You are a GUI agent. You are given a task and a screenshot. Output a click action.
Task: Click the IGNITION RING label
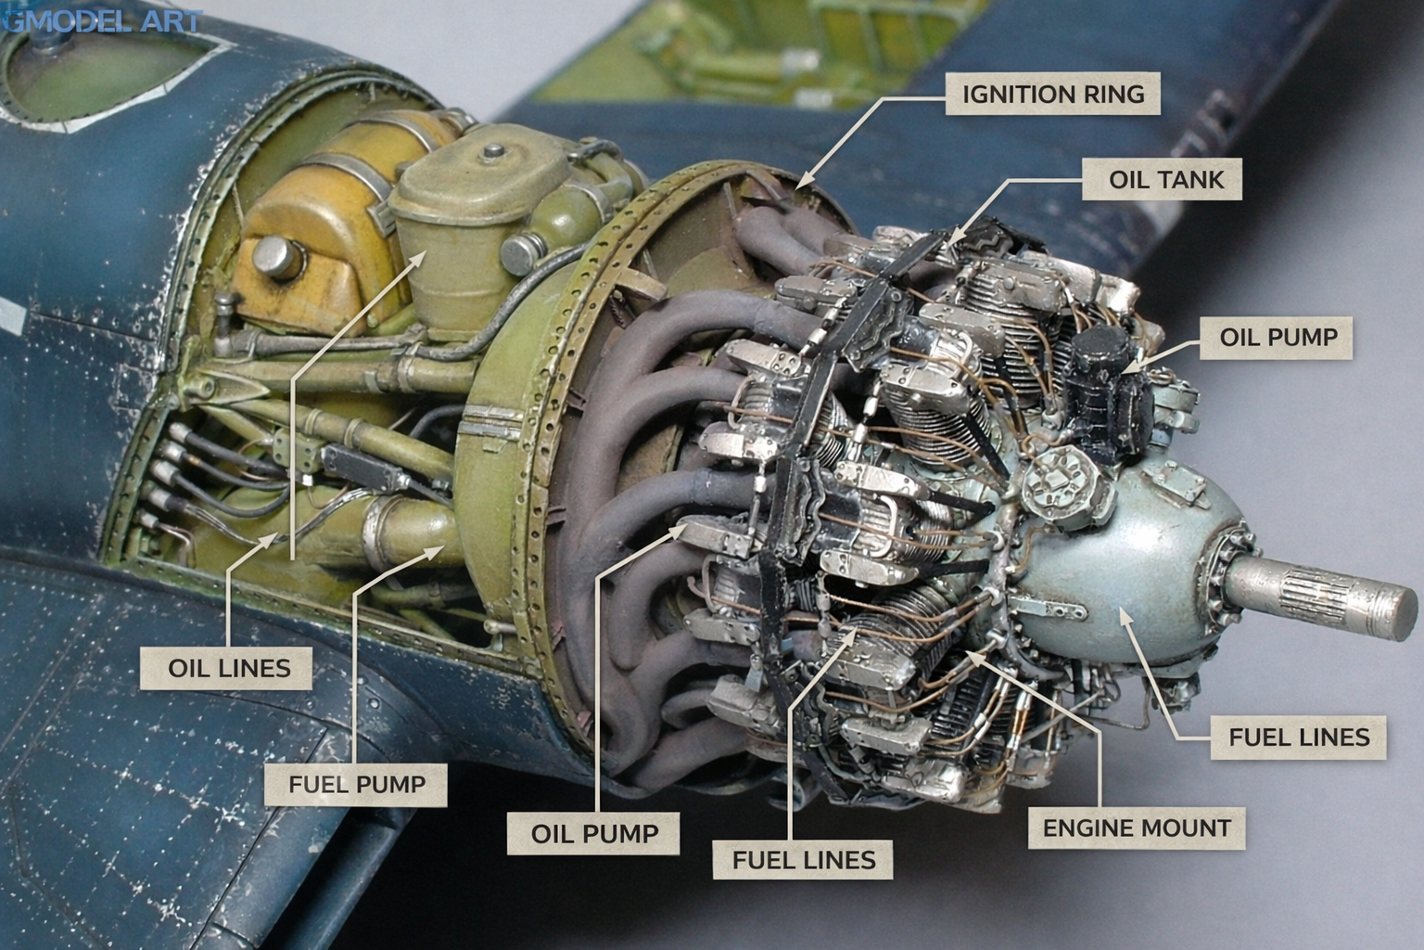(1053, 94)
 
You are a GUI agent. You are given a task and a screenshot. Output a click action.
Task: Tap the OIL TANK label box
(1162, 179)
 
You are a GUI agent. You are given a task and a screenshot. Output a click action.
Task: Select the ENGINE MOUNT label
(1137, 828)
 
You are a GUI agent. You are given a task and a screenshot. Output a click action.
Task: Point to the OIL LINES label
(226, 668)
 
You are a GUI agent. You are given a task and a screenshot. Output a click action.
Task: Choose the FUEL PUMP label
(356, 785)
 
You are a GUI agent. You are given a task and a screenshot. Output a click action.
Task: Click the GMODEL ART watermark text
(102, 21)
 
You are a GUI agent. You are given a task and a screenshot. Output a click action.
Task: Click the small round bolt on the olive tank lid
(493, 152)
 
